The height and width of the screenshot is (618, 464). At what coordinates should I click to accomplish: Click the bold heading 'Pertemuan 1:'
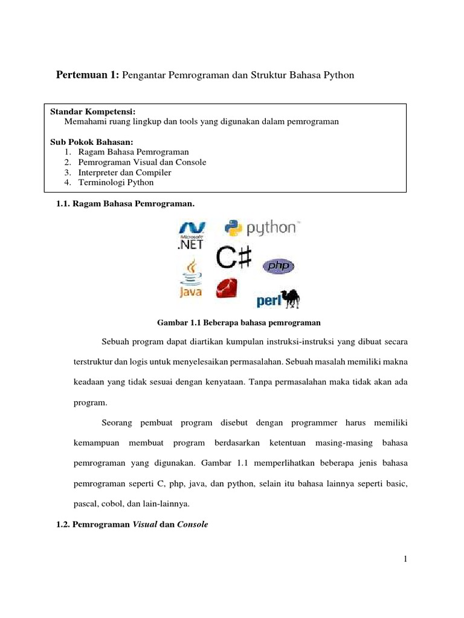pyautogui.click(x=88, y=75)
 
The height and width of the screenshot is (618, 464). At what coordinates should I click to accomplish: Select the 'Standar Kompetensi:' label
pyautogui.click(x=92, y=112)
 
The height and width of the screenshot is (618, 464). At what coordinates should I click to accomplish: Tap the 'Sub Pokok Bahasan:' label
pyautogui.click(x=91, y=142)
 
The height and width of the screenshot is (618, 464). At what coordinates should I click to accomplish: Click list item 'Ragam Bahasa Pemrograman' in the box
pyautogui.click(x=134, y=152)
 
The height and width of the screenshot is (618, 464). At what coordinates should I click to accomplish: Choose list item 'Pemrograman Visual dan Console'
pyautogui.click(x=142, y=162)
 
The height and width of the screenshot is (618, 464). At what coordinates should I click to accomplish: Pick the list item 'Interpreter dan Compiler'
pyautogui.click(x=124, y=173)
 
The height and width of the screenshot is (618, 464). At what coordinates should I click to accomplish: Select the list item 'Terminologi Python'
pyautogui.click(x=116, y=182)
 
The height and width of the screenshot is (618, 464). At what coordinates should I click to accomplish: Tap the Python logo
pyautogui.click(x=260, y=228)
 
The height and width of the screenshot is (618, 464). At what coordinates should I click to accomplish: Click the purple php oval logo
pyautogui.click(x=278, y=266)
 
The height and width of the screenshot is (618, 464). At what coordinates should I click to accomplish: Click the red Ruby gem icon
pyautogui.click(x=227, y=288)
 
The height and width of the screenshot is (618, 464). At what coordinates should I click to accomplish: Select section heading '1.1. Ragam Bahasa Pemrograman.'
pyautogui.click(x=125, y=205)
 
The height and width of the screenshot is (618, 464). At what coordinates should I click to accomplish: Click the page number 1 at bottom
pyautogui.click(x=406, y=559)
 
